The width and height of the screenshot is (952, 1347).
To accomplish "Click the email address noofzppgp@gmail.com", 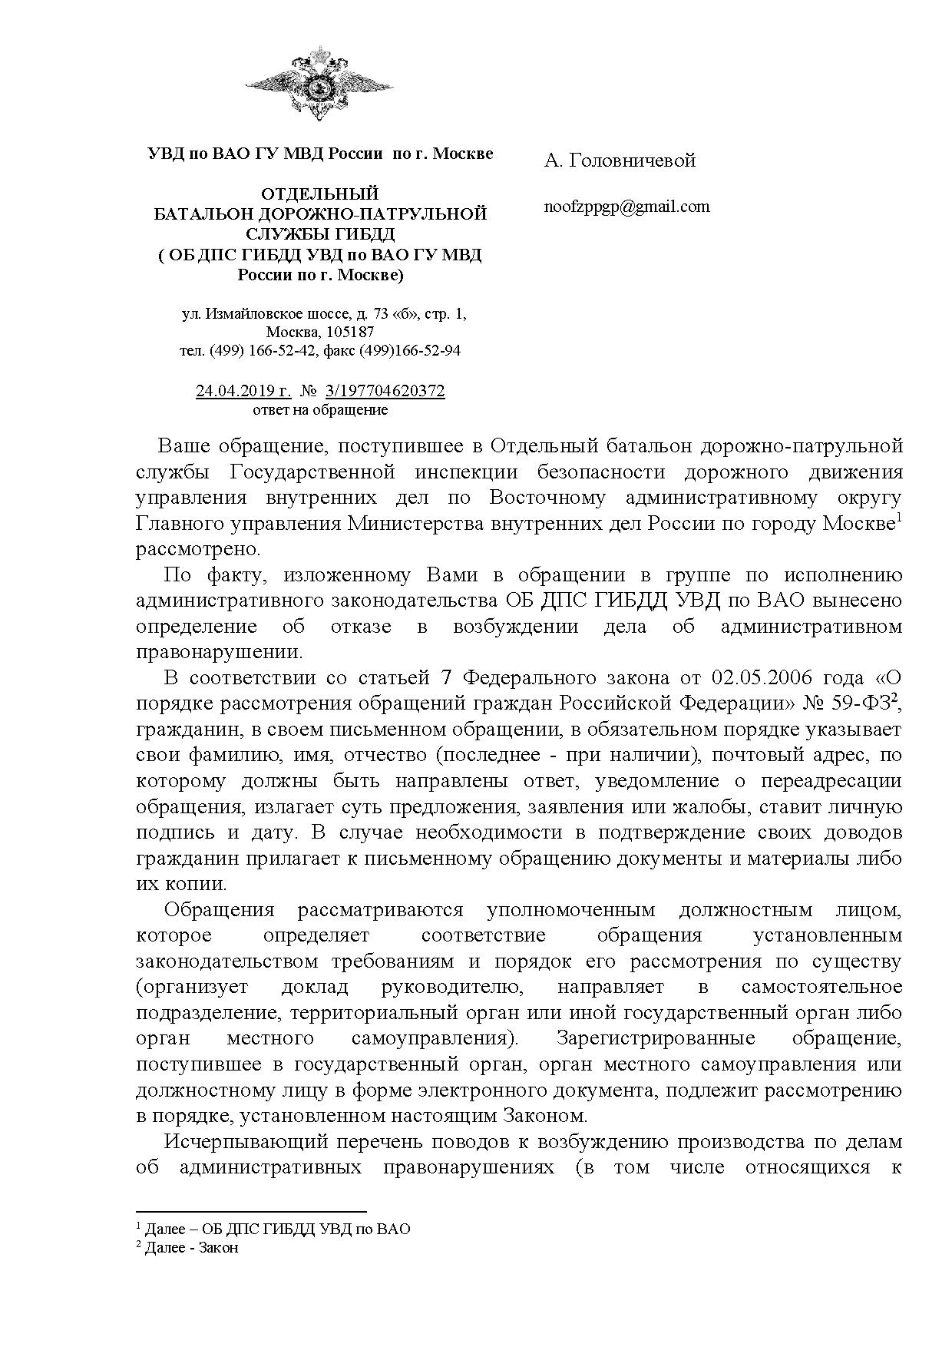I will coord(626,207).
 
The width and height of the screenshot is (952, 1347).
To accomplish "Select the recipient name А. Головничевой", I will coord(620,161).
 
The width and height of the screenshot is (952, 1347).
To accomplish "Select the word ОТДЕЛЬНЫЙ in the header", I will coord(320,194).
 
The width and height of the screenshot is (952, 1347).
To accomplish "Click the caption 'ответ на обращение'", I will coord(320,410).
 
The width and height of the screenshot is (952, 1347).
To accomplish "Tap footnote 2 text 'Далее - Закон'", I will coord(191,1247).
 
